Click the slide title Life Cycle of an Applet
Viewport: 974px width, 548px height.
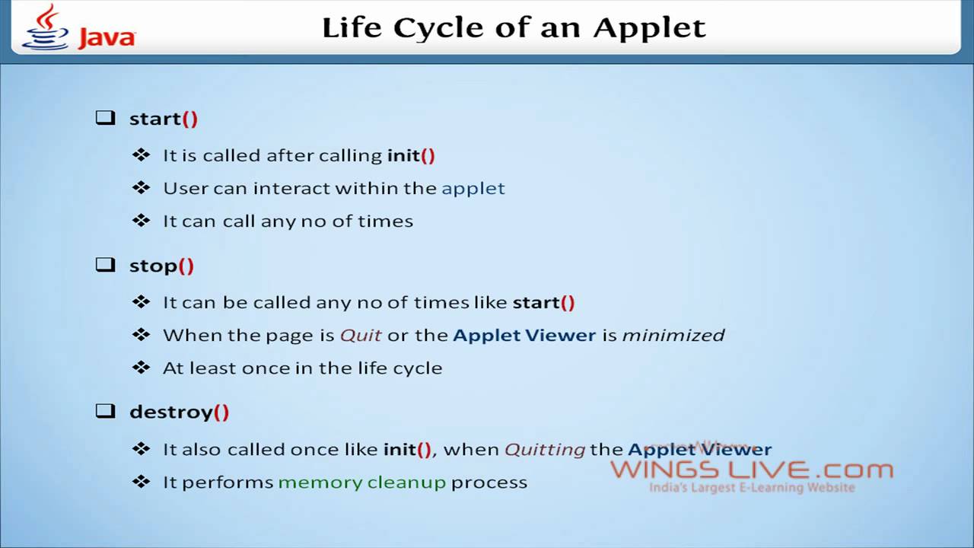tap(514, 28)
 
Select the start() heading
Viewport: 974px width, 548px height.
tap(164, 119)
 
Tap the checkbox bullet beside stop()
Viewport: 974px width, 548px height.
tap(105, 265)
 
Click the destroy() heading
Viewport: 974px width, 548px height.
tap(179, 412)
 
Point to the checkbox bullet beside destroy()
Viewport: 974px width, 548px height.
tap(105, 411)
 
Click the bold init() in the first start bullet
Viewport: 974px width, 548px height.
tap(411, 155)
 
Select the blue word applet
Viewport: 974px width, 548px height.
tap(473, 188)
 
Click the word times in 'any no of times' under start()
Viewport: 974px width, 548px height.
tap(388, 221)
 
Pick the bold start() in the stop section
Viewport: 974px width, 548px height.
tap(543, 302)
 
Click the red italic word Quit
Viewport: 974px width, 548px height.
tap(361, 335)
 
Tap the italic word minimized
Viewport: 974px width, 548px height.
tap(673, 335)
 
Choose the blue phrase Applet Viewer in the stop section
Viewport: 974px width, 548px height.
tap(524, 335)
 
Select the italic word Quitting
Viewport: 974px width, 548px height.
tap(545, 449)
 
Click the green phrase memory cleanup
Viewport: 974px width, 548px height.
tap(362, 482)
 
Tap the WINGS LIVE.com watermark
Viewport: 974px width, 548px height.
tap(752, 470)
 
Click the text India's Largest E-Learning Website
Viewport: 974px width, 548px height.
tap(752, 488)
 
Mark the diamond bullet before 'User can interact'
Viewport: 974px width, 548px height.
tap(141, 187)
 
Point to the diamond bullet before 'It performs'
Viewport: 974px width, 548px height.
tap(141, 481)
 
